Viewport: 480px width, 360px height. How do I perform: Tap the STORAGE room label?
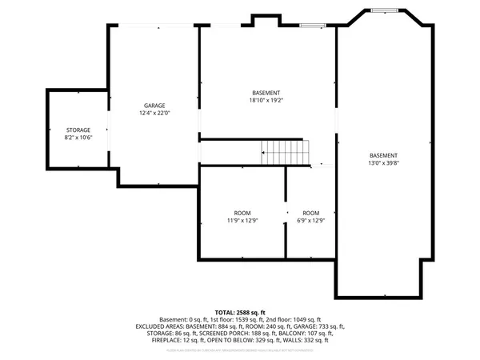pos(78,130)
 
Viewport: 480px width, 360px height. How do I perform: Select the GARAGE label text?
pos(154,106)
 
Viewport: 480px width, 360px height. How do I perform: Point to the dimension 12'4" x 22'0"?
pos(154,114)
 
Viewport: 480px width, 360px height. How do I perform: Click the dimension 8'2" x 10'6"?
pos(78,138)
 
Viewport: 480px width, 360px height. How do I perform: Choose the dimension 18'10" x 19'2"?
pos(266,100)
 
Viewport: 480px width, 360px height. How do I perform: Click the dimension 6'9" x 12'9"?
pos(310,220)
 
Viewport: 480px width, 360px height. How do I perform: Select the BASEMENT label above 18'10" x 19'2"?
pos(266,92)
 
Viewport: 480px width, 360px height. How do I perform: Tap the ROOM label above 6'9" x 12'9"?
pos(310,212)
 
